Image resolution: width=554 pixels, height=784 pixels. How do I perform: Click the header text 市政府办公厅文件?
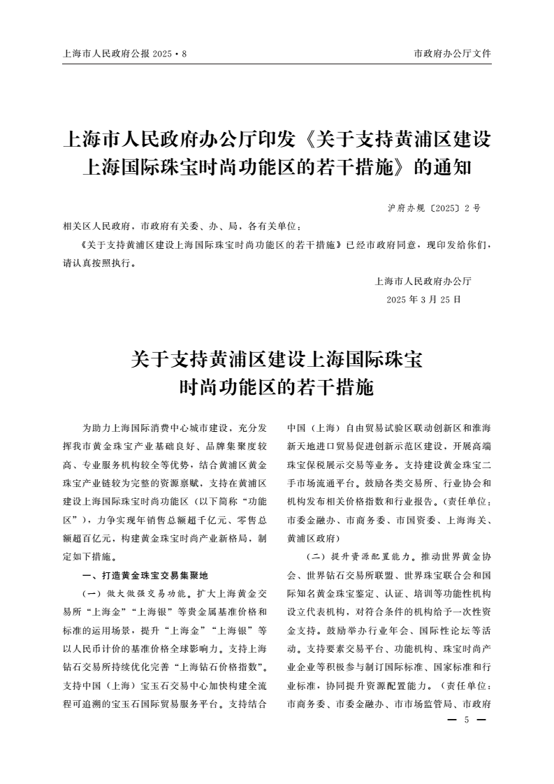click(452, 53)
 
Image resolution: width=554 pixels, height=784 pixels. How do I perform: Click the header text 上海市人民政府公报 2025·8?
click(125, 53)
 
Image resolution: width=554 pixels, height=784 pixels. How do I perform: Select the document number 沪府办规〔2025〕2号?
click(433, 208)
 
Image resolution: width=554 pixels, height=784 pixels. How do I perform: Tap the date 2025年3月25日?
click(423, 299)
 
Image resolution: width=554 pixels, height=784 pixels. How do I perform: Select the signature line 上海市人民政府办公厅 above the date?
click(423, 282)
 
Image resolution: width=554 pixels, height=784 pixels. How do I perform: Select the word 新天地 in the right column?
click(301, 444)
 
